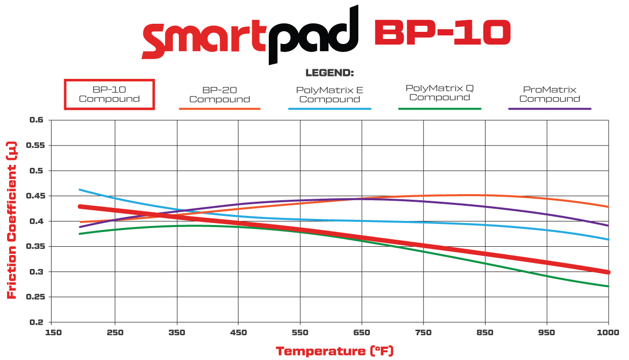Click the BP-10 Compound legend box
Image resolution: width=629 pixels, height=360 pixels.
(109, 94)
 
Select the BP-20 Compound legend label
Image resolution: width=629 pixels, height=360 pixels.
(219, 95)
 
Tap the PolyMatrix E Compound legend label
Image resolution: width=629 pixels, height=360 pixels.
(329, 95)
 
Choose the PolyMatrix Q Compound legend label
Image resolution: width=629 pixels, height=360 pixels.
(440, 93)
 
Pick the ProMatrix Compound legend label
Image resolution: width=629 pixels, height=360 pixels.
(549, 94)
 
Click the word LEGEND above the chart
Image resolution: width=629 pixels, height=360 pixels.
(329, 73)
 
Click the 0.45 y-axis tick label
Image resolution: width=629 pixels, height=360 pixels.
(34, 196)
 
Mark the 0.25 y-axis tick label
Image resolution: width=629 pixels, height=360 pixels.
(34, 297)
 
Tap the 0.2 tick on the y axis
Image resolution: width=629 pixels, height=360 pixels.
(37, 323)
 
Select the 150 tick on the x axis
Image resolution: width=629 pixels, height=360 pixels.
(54, 333)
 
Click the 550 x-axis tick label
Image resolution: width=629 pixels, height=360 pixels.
(300, 333)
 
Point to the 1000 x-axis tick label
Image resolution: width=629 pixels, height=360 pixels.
(608, 333)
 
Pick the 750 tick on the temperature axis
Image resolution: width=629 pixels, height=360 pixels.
(423, 333)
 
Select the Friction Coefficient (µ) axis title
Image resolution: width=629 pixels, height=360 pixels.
(12, 220)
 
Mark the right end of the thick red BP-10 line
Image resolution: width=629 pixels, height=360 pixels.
(608, 272)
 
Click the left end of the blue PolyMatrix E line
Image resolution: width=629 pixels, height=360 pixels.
(79, 190)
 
